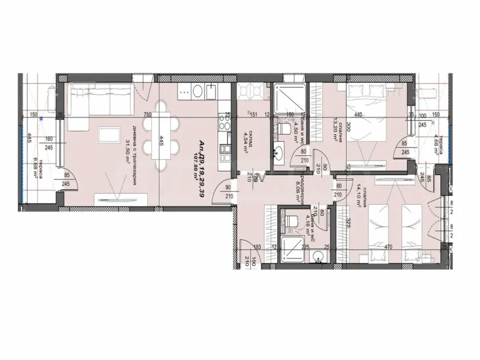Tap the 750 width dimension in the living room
pyautogui.click(x=146, y=115)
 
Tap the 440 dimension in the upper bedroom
pyautogui.click(x=358, y=115)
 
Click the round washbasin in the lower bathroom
pyautogui.click(x=319, y=256)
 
